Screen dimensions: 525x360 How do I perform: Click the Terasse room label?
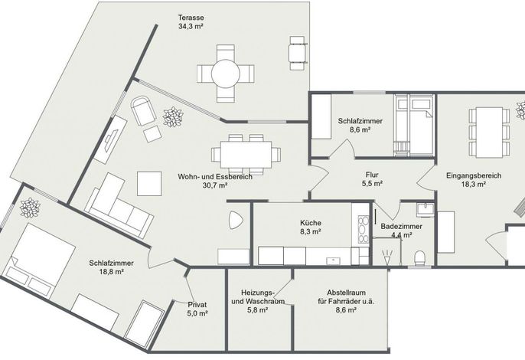(x=191, y=18)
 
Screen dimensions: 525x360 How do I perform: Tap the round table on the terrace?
(x=225, y=74)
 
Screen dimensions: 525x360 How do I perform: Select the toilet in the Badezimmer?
(x=419, y=258)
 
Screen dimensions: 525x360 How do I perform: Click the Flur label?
(x=372, y=175)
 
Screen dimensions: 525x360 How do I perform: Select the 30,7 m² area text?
(x=215, y=185)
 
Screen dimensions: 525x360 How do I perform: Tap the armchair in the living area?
(x=143, y=110)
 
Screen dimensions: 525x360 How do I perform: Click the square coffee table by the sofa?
(x=149, y=184)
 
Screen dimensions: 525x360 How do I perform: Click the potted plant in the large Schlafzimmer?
(x=30, y=208)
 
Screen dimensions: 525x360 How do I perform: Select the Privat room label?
(x=197, y=305)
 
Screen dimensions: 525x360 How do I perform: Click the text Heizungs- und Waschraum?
(x=258, y=296)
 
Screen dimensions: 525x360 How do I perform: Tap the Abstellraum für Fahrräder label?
(x=346, y=296)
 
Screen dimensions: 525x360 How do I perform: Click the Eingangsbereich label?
(x=474, y=175)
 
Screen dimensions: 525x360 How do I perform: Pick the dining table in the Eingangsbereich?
(x=490, y=133)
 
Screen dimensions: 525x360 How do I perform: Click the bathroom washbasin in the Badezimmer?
(x=426, y=210)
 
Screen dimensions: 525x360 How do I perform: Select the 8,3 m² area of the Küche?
(x=311, y=231)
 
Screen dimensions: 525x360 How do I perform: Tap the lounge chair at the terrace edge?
(x=297, y=53)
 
